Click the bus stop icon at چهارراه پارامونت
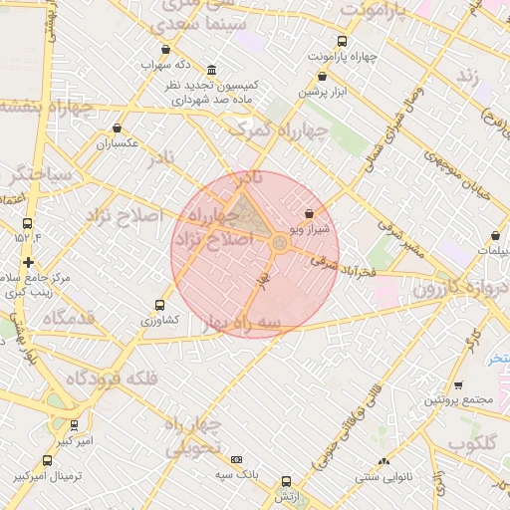click(x=343, y=42)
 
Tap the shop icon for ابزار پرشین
click(x=322, y=77)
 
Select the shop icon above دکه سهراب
click(x=165, y=50)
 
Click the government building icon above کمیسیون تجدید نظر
click(x=211, y=71)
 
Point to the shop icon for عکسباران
click(x=119, y=128)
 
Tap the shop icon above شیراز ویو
click(x=308, y=213)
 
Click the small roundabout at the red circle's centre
click(x=280, y=241)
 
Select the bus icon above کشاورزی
click(x=159, y=306)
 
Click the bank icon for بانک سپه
click(x=236, y=459)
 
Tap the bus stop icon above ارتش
click(x=287, y=481)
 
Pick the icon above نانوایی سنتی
click(x=383, y=461)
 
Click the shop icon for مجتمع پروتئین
click(x=458, y=384)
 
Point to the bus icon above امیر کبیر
click(x=75, y=425)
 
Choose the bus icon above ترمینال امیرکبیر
click(x=47, y=460)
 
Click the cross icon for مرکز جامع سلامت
click(x=28, y=262)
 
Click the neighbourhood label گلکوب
click(x=475, y=442)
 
